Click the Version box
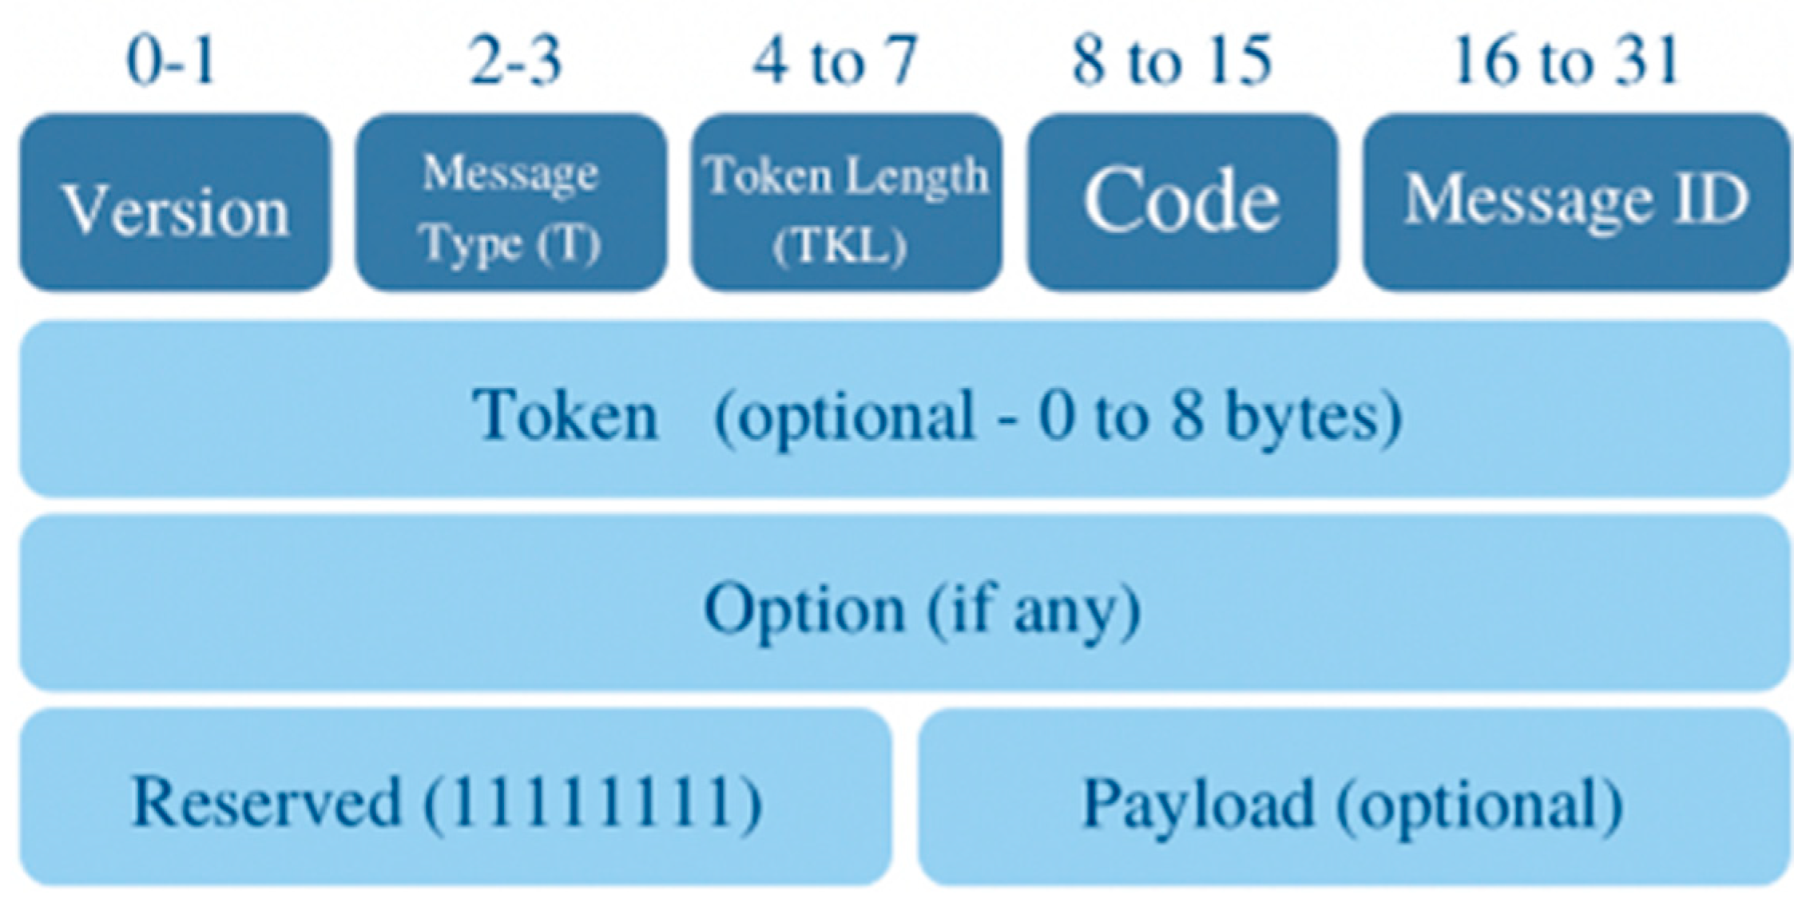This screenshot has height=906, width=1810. pyautogui.click(x=175, y=204)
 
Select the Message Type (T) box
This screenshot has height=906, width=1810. pyautogui.click(x=511, y=204)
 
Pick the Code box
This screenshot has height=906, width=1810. pyautogui.click(x=1181, y=202)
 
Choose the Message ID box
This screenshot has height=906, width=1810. pyautogui.click(x=1575, y=202)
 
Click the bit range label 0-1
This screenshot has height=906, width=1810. pyautogui.click(x=171, y=61)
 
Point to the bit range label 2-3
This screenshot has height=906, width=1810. pyautogui.click(x=515, y=61)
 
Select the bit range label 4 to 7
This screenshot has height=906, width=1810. pyautogui.click(x=835, y=61)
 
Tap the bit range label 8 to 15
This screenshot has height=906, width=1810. pyautogui.click(x=1171, y=61)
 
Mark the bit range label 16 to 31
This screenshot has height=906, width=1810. pyautogui.click(x=1566, y=61)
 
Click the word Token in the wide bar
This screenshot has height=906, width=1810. pyautogui.click(x=565, y=415)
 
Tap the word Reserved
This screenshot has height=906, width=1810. pyautogui.click(x=266, y=801)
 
